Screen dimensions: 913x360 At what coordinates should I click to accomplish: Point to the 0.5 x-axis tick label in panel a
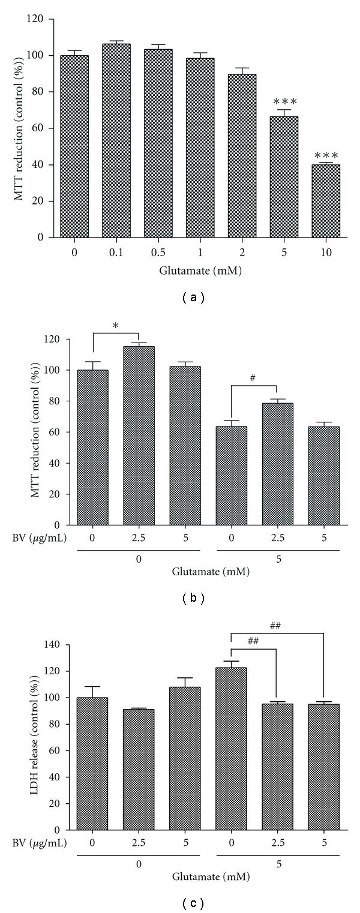point(158,253)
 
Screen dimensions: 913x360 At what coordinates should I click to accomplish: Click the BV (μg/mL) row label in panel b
point(40,537)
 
